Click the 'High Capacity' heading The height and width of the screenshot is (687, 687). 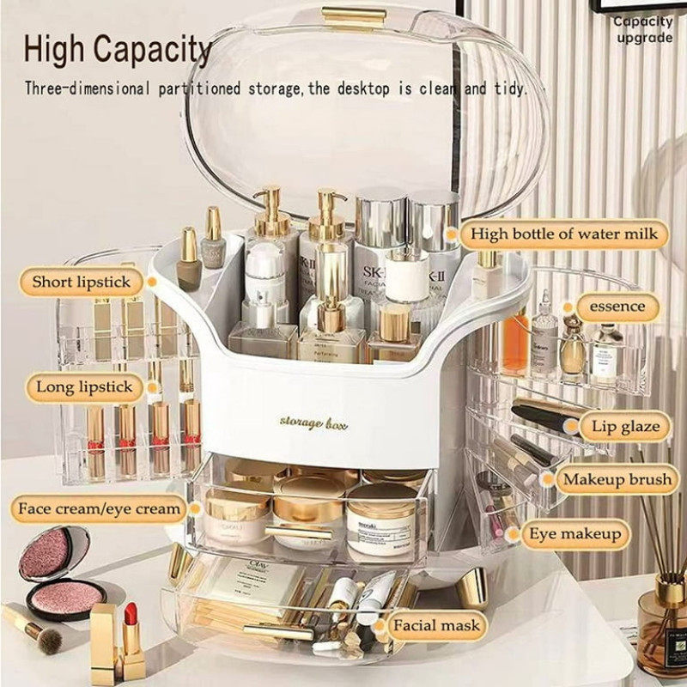pyautogui.click(x=118, y=51)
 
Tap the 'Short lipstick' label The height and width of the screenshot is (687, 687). pyautogui.click(x=82, y=282)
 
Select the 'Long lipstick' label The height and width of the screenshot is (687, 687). pyautogui.click(x=84, y=387)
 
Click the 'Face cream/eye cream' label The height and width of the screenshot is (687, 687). pyautogui.click(x=100, y=508)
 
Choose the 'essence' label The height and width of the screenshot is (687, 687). pyautogui.click(x=617, y=307)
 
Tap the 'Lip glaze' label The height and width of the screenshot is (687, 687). pyautogui.click(x=625, y=426)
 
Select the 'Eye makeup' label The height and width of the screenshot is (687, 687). pyautogui.click(x=575, y=534)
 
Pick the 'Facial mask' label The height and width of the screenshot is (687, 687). pyautogui.click(x=437, y=624)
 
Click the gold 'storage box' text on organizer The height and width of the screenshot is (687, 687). pyautogui.click(x=313, y=422)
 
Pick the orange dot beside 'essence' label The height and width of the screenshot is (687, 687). pyautogui.click(x=566, y=307)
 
